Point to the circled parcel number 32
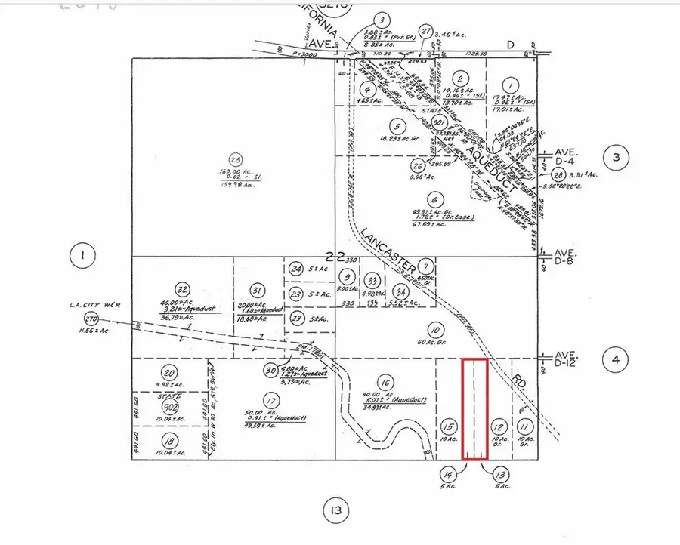coord(181,288)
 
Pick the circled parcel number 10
coord(434,329)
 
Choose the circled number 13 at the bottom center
coord(335,511)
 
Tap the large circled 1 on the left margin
coord(82,257)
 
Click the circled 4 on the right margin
coord(616,360)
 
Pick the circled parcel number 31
coord(258,290)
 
